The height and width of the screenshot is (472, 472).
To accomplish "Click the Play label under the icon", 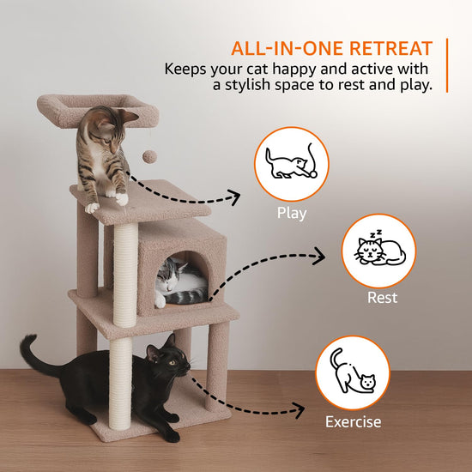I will [x=292, y=214].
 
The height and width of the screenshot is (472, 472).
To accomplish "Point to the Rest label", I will [x=382, y=298].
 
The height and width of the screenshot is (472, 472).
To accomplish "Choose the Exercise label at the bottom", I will [x=353, y=421].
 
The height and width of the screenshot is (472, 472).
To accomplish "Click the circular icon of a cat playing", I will [x=293, y=164].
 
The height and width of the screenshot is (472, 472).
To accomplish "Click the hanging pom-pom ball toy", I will [x=148, y=156].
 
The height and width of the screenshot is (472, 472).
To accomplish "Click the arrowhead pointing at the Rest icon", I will [x=321, y=255].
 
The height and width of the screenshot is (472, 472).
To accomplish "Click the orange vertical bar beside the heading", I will [x=447, y=64].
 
